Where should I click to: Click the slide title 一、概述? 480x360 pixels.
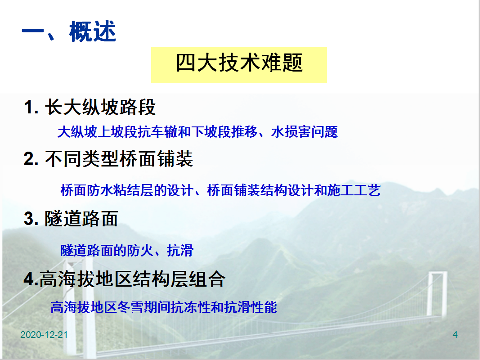(69, 31)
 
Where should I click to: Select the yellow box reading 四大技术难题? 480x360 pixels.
(239, 65)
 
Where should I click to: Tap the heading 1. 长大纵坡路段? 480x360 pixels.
(90, 107)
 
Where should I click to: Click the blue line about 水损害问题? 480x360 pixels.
(198, 132)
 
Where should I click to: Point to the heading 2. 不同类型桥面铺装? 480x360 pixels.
(108, 159)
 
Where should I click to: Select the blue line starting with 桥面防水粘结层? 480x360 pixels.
(220, 190)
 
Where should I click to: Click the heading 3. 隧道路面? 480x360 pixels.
(71, 219)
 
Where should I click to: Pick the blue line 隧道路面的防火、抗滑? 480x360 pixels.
(127, 250)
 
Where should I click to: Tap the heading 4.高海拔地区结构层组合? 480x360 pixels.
(125, 279)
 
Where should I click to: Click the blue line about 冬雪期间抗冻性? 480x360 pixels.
(164, 307)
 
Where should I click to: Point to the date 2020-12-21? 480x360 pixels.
(44, 335)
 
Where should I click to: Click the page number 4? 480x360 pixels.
(455, 335)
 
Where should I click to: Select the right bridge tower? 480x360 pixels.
(437, 293)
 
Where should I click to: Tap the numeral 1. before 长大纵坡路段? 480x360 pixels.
(31, 108)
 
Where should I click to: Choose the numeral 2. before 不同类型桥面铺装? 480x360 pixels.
(31, 159)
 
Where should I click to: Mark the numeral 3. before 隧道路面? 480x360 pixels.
(31, 219)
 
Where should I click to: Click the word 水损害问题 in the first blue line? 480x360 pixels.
(305, 132)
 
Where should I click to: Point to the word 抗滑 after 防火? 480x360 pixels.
(180, 250)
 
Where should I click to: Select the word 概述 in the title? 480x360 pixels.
(93, 31)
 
